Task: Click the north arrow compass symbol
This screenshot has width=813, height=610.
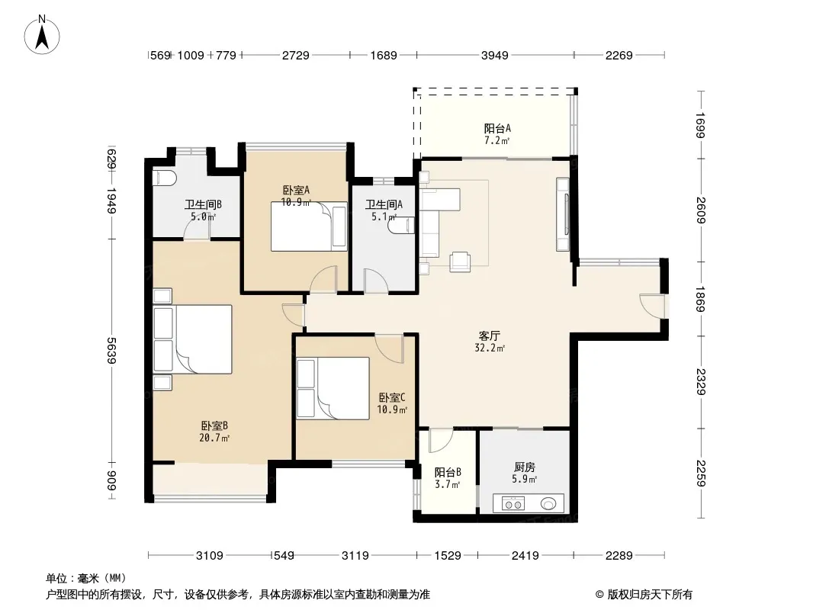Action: pyautogui.click(x=42, y=35)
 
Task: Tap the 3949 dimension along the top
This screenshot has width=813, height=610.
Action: pyautogui.click(x=495, y=55)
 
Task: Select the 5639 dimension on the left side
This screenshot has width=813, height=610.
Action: pyautogui.click(x=111, y=350)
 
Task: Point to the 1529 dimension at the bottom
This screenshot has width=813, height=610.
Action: pyautogui.click(x=448, y=556)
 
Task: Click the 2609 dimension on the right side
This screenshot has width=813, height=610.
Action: pyautogui.click(x=700, y=210)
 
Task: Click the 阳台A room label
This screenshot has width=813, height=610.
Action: pyautogui.click(x=497, y=128)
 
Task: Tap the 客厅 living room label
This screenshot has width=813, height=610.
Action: pyautogui.click(x=490, y=335)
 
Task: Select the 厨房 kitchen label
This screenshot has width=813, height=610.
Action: pyautogui.click(x=525, y=467)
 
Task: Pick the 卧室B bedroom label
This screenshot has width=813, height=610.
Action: pyautogui.click(x=214, y=426)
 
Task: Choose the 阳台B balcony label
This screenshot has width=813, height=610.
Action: pyautogui.click(x=448, y=473)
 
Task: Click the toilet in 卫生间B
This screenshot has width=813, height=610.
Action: pyautogui.click(x=165, y=178)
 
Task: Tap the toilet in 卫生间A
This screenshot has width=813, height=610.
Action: pyautogui.click(x=404, y=226)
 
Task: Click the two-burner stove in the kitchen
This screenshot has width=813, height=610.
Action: pyautogui.click(x=513, y=504)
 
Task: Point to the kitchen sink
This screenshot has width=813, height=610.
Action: pyautogui.click(x=548, y=503)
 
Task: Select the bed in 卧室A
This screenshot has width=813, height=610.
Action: pyautogui.click(x=309, y=226)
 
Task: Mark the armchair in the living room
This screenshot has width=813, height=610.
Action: pyautogui.click(x=460, y=262)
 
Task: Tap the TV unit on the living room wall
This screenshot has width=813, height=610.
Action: pyautogui.click(x=563, y=214)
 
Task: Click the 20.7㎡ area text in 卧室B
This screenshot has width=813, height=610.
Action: pyautogui.click(x=214, y=438)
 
